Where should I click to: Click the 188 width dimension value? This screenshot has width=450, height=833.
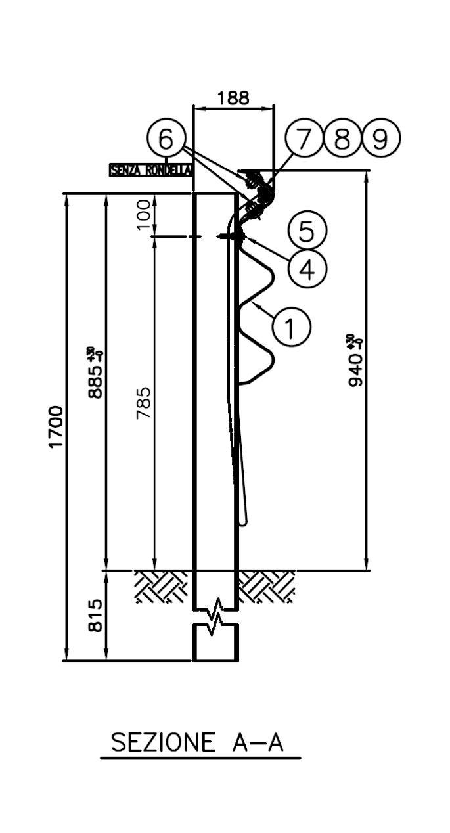click(x=233, y=98)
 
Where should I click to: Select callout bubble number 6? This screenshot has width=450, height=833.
click(x=166, y=139)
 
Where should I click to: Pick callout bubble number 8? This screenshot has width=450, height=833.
click(x=343, y=139)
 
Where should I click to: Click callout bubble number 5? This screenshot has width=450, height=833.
click(x=306, y=231)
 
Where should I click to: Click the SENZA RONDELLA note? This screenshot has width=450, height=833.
click(x=150, y=169)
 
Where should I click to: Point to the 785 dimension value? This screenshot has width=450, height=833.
click(x=145, y=402)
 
